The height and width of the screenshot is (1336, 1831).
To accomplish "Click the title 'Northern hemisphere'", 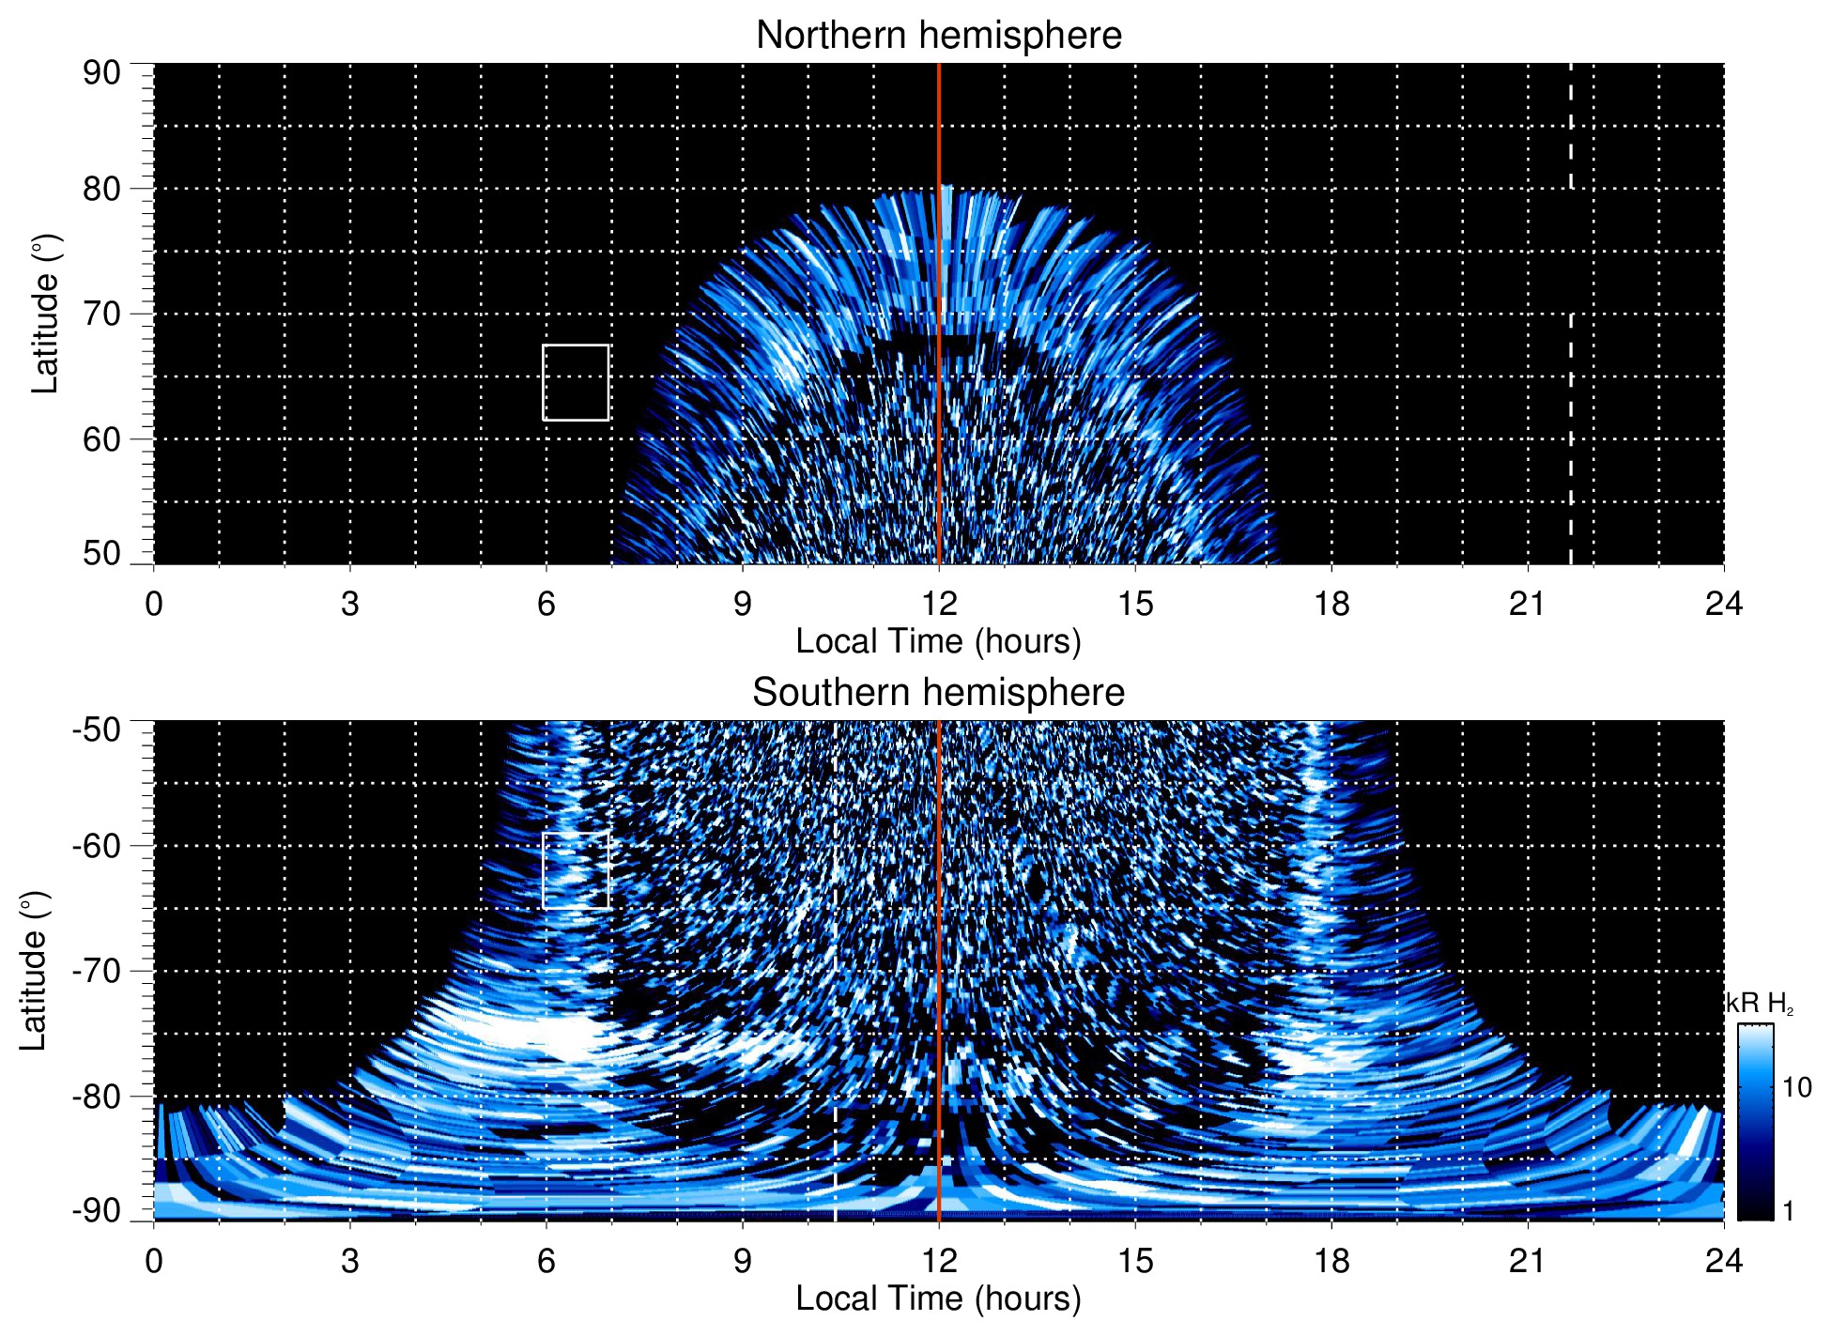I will [938, 36].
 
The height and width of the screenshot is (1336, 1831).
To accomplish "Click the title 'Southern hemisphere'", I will [938, 693].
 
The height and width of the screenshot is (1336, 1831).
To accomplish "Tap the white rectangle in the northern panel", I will [576, 383].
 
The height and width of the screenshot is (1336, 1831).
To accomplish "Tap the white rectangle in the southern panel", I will [576, 870].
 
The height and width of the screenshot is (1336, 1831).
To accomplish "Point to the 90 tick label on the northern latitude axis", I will [101, 73].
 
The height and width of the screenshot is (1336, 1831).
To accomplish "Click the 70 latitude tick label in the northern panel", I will [101, 314].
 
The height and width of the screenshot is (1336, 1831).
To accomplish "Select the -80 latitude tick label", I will [97, 1096].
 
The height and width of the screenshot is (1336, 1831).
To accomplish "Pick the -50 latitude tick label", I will [97, 729].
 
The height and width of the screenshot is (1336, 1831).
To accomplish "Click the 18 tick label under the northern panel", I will [1331, 604].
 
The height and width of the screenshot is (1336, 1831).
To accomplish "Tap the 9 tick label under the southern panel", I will [743, 1261].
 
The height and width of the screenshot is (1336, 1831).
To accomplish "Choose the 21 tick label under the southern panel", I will [1528, 1261].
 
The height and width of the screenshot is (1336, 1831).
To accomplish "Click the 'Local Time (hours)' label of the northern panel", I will [938, 641].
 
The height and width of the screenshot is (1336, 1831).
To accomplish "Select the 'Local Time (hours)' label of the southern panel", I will [938, 1298].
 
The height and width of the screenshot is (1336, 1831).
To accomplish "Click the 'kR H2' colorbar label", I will [1760, 1004].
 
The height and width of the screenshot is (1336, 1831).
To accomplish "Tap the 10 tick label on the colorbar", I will [1796, 1087].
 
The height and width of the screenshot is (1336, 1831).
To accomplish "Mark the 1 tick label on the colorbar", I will [1788, 1211].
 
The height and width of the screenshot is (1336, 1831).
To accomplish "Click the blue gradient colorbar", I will [1755, 1122].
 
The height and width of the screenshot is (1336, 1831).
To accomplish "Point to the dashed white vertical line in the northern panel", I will [1571, 376].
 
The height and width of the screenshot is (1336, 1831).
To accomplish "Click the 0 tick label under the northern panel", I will [154, 604].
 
